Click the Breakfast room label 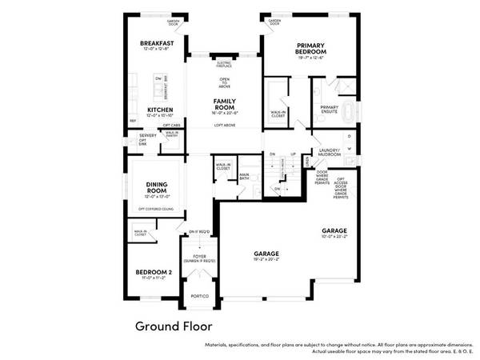(156, 43)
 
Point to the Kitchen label (161, 109)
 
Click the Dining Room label (156, 188)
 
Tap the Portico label (199, 296)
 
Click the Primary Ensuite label (329, 107)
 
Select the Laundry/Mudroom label (329, 151)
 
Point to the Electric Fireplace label (224, 63)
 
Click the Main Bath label (245, 175)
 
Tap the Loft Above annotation (224, 125)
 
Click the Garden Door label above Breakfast (173, 22)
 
